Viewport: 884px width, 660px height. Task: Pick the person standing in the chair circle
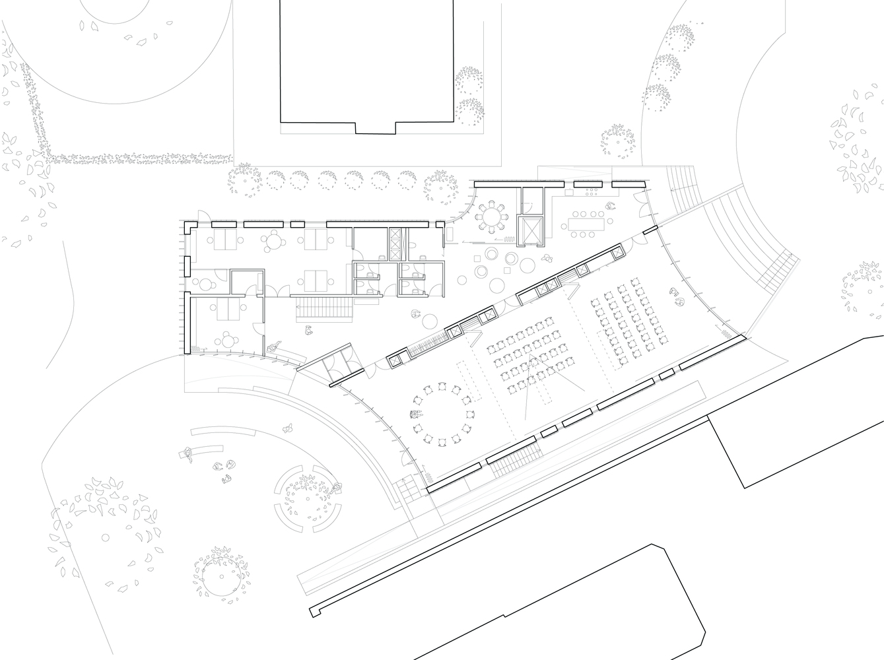416,415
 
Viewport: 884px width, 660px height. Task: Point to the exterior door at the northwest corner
205,220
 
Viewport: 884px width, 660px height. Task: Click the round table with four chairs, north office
272,241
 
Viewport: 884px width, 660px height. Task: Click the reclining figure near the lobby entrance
274,346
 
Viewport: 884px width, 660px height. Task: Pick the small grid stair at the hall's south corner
405,489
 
